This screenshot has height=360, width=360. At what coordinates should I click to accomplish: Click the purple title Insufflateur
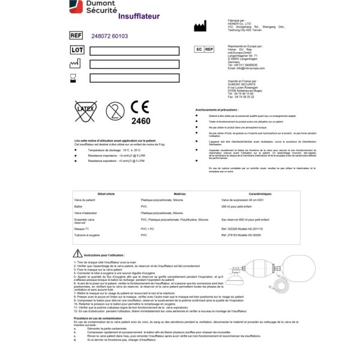(x=139, y=16)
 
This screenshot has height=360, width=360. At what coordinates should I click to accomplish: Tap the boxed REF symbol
(x=76, y=36)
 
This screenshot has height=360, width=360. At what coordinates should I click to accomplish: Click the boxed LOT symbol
(x=76, y=50)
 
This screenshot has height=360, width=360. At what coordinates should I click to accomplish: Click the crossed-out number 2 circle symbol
(x=114, y=110)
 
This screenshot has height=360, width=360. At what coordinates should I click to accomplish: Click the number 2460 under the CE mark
(x=141, y=121)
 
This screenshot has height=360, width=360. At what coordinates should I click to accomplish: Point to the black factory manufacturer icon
(x=200, y=26)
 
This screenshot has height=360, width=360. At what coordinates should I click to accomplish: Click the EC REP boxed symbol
(x=204, y=50)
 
